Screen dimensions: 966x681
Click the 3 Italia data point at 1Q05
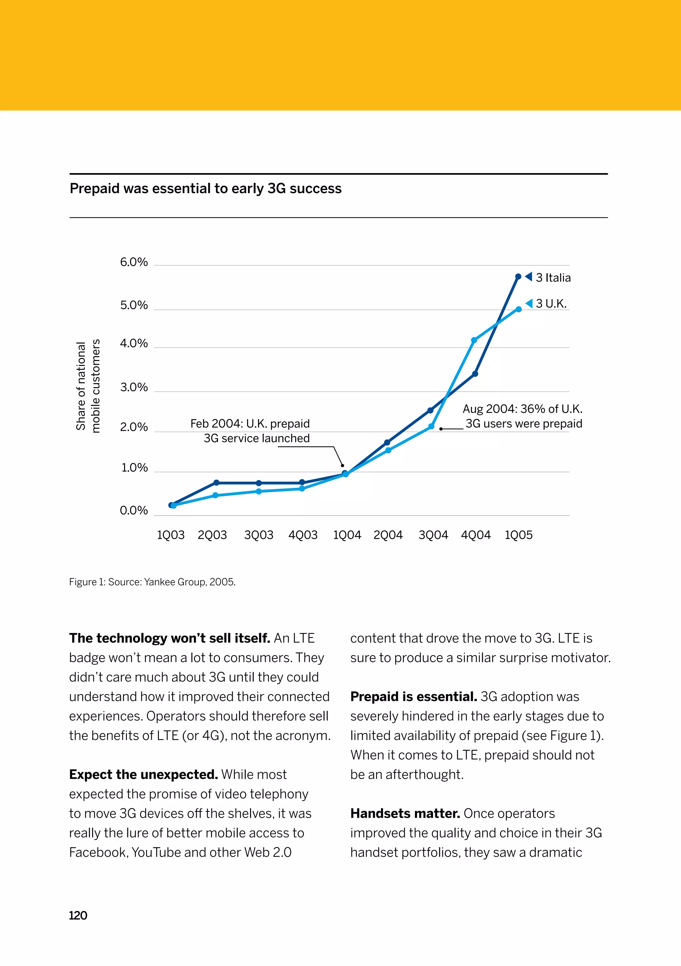(x=518, y=277)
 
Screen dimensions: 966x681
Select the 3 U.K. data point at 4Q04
(x=474, y=340)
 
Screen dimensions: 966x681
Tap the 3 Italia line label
(x=553, y=278)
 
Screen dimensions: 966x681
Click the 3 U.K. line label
(x=551, y=304)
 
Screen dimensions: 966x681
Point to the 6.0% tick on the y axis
(x=134, y=262)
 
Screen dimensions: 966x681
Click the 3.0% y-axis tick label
(x=134, y=387)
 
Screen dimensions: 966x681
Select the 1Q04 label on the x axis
(x=347, y=535)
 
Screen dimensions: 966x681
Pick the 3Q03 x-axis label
(x=258, y=535)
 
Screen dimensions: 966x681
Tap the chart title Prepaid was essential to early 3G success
(x=205, y=188)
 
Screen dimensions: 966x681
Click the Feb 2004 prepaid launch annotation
(x=250, y=431)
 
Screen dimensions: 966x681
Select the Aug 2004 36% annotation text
(x=523, y=416)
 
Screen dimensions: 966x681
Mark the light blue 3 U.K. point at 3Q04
(x=431, y=426)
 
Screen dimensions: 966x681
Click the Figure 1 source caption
(x=152, y=582)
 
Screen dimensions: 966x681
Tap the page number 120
(x=78, y=915)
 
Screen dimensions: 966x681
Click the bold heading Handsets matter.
(x=405, y=813)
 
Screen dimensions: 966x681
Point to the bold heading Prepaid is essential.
(x=413, y=696)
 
